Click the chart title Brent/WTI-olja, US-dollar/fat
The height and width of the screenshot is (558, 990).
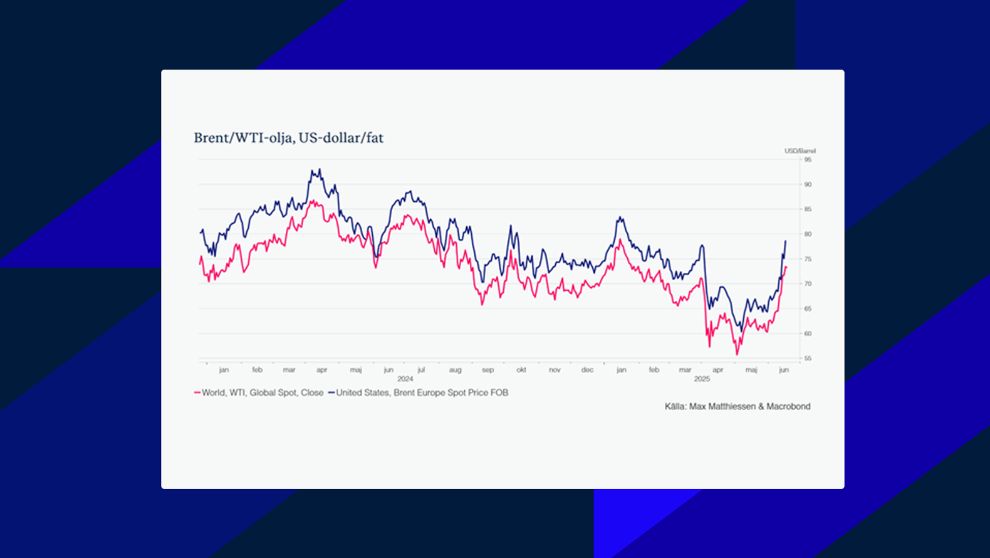[288, 138]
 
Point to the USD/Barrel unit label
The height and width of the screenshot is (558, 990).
[800, 151]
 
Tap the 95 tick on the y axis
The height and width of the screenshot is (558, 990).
[808, 160]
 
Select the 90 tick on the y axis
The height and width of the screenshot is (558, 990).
[808, 184]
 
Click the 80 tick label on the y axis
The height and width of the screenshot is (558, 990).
[808, 234]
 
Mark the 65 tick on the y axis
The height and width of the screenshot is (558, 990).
[808, 309]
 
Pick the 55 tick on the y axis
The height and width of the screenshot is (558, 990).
[808, 359]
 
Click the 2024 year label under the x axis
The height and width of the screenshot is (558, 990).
[405, 379]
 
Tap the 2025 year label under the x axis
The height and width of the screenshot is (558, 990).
[702, 379]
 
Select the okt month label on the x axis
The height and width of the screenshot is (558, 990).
[521, 370]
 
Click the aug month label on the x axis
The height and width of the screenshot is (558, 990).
[455, 370]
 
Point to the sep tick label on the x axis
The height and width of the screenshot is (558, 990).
[488, 370]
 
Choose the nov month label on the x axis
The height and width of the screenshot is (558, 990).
[555, 370]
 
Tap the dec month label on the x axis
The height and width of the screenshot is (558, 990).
[587, 370]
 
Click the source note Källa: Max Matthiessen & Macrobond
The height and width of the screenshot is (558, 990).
[737, 407]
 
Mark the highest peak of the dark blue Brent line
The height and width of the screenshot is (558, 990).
[320, 169]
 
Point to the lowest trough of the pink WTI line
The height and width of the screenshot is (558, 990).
[737, 355]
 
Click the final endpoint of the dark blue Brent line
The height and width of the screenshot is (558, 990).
[786, 241]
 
